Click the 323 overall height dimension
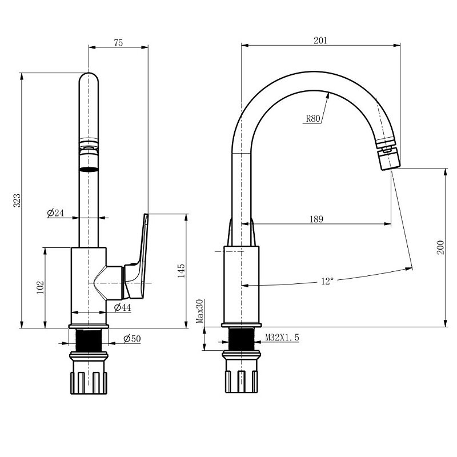[x=17, y=201]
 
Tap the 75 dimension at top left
[x=118, y=42]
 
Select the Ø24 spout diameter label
[x=55, y=213]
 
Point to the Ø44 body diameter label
[x=122, y=307]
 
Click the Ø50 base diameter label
[x=132, y=339]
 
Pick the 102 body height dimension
[x=40, y=287]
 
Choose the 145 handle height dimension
[x=181, y=270]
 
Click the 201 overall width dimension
[x=320, y=40]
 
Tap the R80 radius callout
[x=313, y=119]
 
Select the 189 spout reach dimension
[x=316, y=219]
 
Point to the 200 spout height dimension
[x=440, y=247]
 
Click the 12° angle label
[x=327, y=281]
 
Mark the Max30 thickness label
[x=199, y=311]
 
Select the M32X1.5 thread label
[x=282, y=338]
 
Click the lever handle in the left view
[x=137, y=256]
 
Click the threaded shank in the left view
[x=89, y=340]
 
